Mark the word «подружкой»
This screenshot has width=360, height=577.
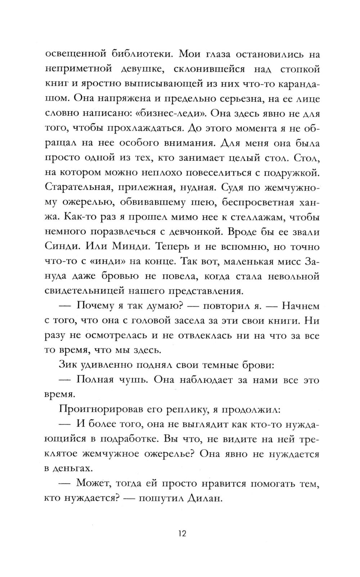[x=291, y=173]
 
